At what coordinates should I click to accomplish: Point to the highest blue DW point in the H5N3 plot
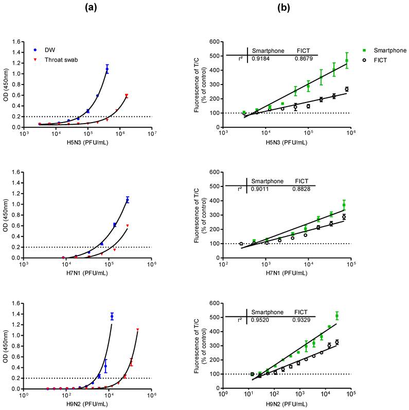point(107,69)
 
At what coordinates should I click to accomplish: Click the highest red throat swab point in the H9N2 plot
point(137,329)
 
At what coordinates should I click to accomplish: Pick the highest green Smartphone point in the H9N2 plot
point(337,315)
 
